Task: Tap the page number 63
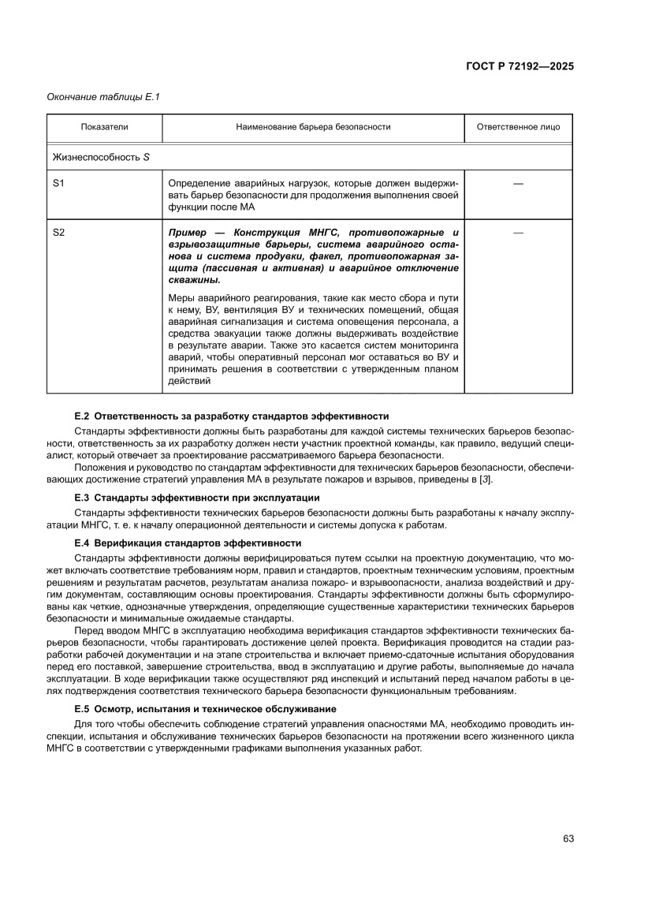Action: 568,838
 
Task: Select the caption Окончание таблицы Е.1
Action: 103,98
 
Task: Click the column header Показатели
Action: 104,126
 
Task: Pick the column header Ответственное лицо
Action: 518,126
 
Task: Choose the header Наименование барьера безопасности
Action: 313,126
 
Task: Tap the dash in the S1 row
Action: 518,184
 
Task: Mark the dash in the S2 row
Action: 518,233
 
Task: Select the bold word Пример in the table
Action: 190,233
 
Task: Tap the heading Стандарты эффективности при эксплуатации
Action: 207,498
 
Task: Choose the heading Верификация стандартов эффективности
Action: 198,543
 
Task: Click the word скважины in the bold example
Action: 195,280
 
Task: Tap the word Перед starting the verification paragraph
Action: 88,632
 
